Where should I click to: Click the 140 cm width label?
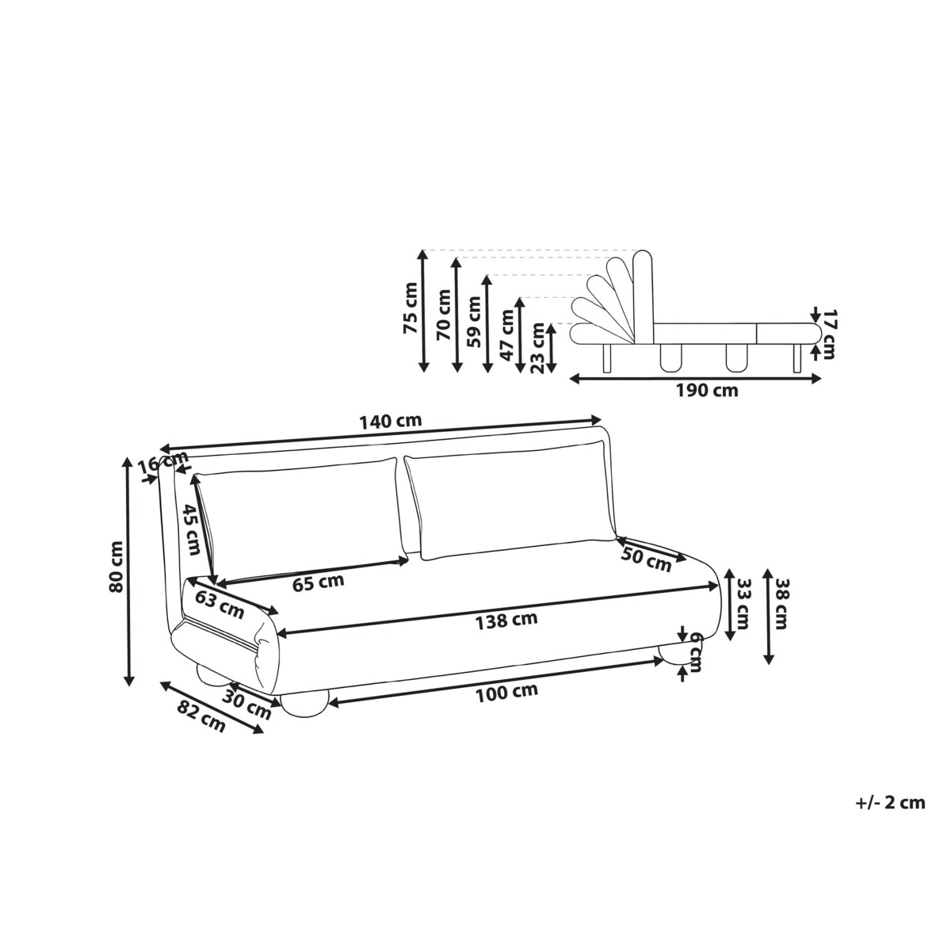[391, 421]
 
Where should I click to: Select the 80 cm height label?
[116, 567]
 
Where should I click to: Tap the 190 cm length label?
[707, 391]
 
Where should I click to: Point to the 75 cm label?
[411, 308]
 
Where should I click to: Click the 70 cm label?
[444, 314]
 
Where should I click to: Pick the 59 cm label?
[473, 321]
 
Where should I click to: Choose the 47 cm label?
[506, 335]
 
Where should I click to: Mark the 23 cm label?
[537, 347]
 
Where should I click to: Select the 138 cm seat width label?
[506, 621]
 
